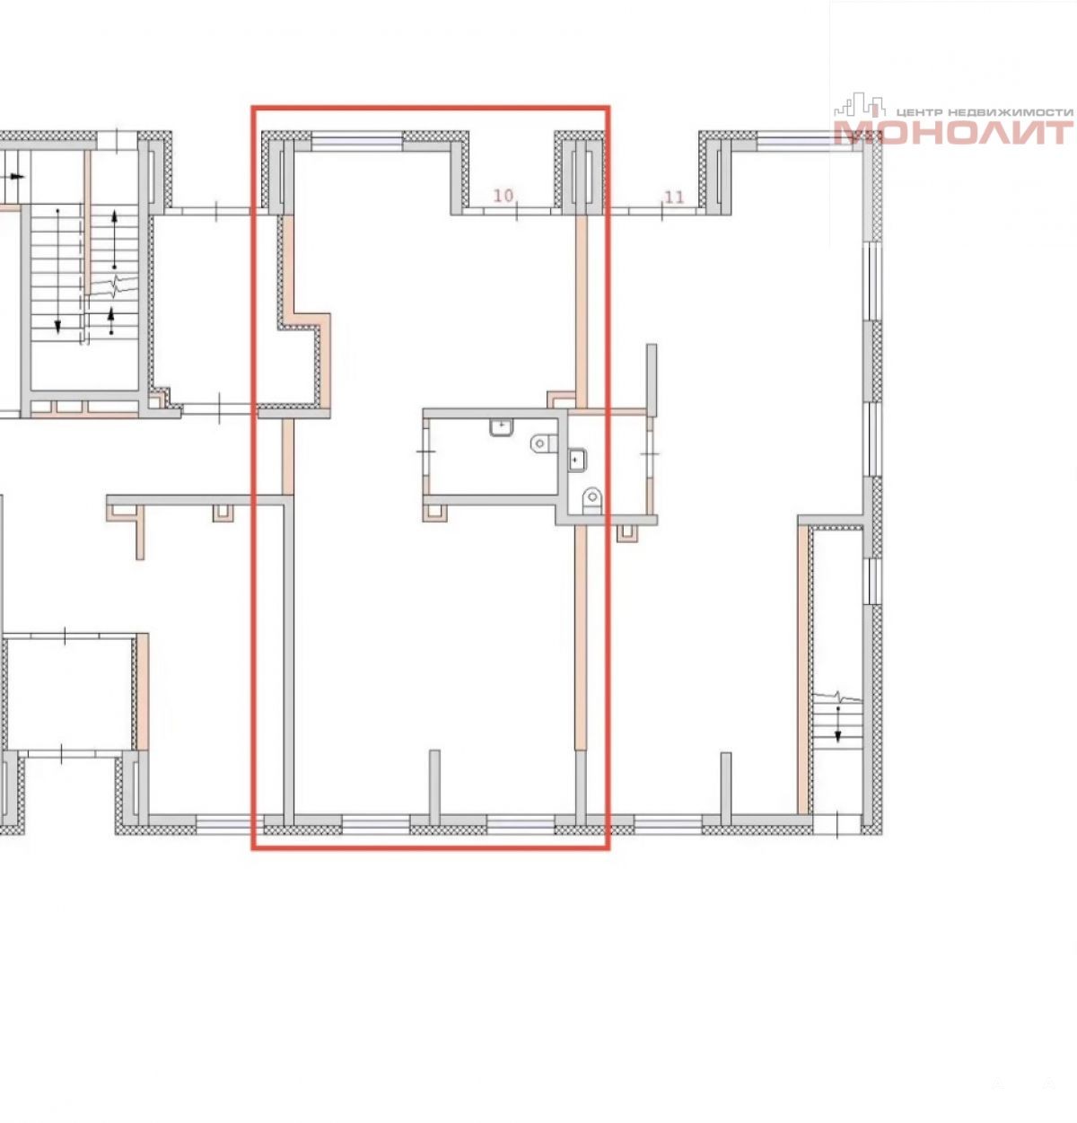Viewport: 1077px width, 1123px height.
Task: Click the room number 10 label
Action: [x=503, y=196]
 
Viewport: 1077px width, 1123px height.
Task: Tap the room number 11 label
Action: [x=673, y=197]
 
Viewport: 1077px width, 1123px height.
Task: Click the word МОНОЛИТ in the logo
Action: [x=953, y=132]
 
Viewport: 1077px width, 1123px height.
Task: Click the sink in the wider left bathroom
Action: [x=502, y=427]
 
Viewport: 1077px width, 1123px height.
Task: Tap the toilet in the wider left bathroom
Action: [x=544, y=443]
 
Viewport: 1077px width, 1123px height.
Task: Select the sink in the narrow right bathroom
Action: [x=576, y=460]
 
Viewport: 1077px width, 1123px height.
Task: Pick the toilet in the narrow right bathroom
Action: [x=591, y=500]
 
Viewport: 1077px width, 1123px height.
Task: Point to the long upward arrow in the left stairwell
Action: [x=114, y=240]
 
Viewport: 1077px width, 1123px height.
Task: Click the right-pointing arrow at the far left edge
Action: [x=13, y=177]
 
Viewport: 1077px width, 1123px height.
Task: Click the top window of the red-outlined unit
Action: [x=357, y=141]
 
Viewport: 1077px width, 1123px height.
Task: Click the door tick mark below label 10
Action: [x=516, y=211]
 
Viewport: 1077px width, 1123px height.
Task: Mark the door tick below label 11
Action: [x=661, y=211]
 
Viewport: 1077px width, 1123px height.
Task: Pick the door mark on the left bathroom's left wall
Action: [x=425, y=450]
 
